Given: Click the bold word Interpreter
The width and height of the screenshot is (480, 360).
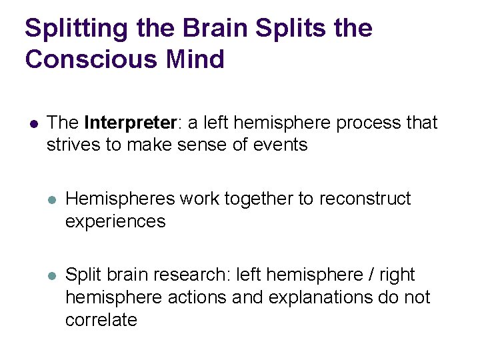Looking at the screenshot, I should click(131, 123).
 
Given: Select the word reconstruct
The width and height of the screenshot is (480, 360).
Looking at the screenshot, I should click(366, 199).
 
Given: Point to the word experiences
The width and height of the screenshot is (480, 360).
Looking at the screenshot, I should click(115, 221).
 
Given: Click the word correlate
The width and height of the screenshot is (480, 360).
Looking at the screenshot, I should click(101, 319).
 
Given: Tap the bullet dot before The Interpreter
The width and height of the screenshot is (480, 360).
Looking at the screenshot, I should click(31, 124).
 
